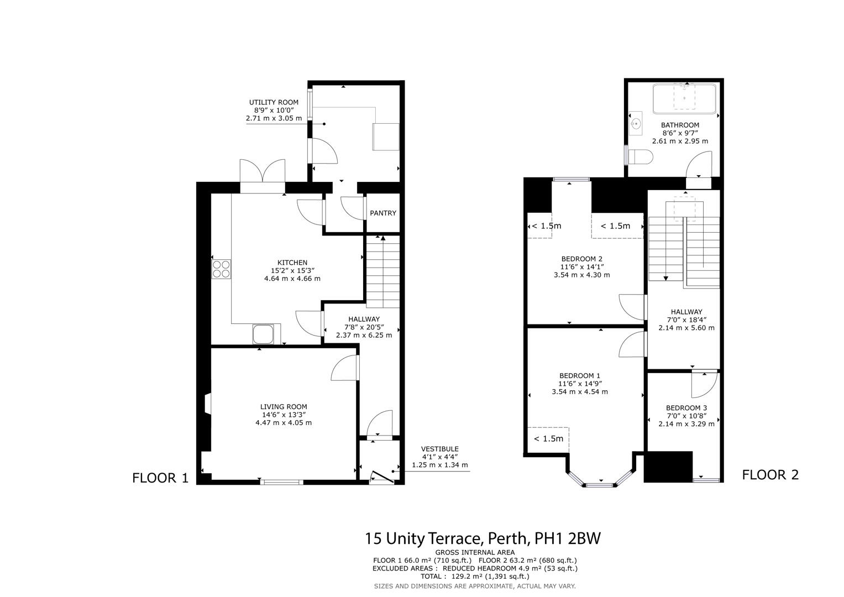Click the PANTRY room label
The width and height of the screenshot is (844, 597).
click(382, 213)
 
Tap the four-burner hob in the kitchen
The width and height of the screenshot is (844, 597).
click(222, 269)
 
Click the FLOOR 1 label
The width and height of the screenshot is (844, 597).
click(160, 478)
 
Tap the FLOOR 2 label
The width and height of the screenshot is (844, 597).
click(770, 474)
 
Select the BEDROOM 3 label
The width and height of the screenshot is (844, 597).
click(686, 408)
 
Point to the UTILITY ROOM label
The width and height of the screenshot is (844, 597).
click(274, 102)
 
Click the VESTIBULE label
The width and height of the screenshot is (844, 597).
click(439, 449)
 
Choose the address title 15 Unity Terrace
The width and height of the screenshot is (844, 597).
click(482, 538)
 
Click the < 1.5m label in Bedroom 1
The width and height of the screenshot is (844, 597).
click(548, 438)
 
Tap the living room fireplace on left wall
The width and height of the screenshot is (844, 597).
click(207, 404)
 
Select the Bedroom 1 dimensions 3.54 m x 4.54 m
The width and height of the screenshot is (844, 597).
click(579, 392)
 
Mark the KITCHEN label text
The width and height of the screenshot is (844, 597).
click(292, 263)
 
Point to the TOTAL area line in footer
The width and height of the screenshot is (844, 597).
click(475, 576)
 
